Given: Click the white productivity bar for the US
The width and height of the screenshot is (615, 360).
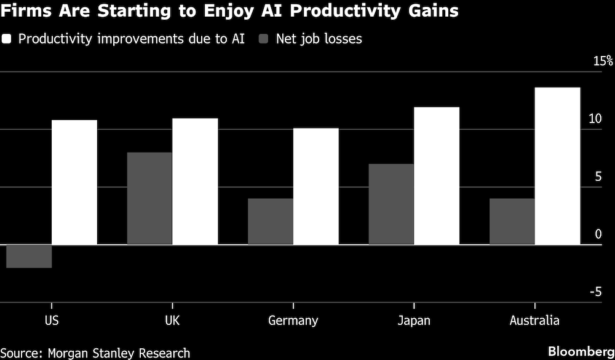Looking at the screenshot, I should (x=74, y=182).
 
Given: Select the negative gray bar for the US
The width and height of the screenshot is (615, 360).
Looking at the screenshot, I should (x=28, y=256).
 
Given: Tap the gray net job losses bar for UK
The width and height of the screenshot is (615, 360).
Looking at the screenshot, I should (x=149, y=198).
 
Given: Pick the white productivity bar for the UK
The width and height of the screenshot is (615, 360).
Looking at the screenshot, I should (x=195, y=181).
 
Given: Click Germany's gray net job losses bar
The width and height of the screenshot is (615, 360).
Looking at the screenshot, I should (x=270, y=222).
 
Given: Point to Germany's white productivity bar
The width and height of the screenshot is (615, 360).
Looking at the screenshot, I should (x=316, y=186).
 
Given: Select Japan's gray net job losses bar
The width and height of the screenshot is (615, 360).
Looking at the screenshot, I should (x=391, y=204).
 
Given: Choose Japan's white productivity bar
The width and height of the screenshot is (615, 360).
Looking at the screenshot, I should (x=437, y=175).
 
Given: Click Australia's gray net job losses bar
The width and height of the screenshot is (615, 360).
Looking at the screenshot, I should (x=512, y=222).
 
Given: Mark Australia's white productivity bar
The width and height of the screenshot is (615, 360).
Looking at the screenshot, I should (x=558, y=166).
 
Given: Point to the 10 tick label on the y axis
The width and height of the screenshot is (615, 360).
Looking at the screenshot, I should (x=594, y=118).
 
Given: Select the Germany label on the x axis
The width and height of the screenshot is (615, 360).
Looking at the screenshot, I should (x=293, y=321).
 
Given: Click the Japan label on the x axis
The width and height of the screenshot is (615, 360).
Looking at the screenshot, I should (x=414, y=321).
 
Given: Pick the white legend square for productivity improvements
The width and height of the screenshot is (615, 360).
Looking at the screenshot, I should (x=7, y=39).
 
